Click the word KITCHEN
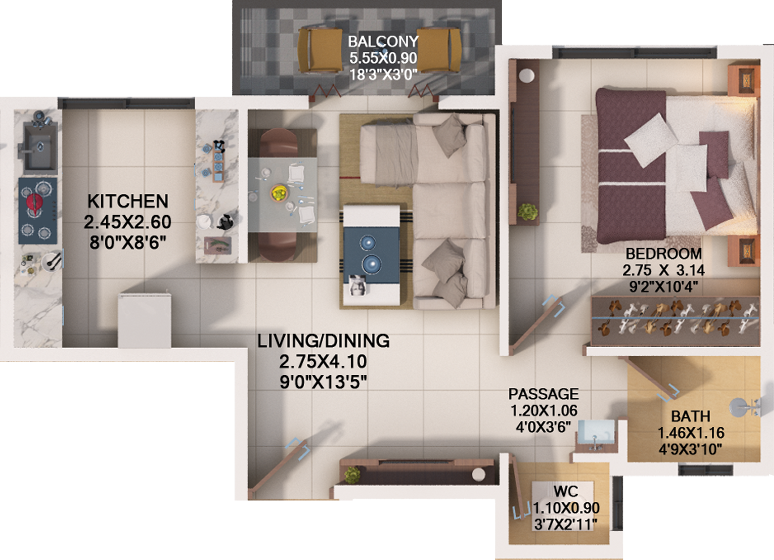(x=128, y=201)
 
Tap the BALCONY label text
(x=383, y=42)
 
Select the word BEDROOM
(x=664, y=254)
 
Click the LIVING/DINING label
(x=323, y=341)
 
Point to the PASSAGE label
(x=543, y=394)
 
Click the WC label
(x=566, y=491)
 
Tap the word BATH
(x=691, y=416)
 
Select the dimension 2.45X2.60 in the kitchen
(x=128, y=222)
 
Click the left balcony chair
(x=320, y=50)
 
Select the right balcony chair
(x=439, y=50)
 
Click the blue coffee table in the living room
(x=371, y=255)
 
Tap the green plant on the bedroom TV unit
(x=528, y=212)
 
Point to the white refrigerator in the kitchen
(x=144, y=320)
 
